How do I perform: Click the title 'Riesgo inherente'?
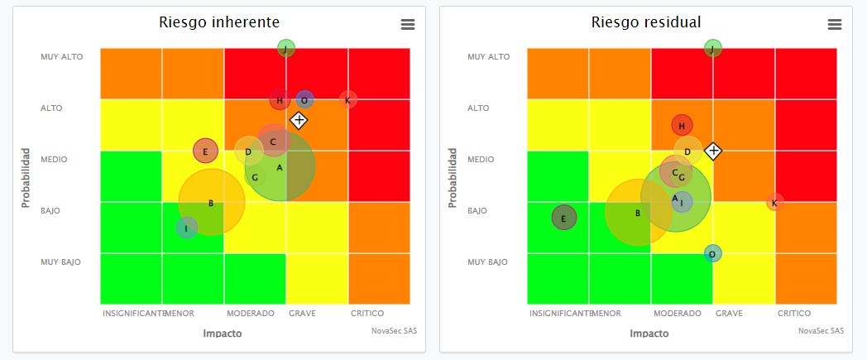click(x=218, y=22)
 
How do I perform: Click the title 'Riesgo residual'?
click(x=645, y=22)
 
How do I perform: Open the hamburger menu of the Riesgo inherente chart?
click(x=407, y=25)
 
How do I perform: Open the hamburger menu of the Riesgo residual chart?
click(x=834, y=25)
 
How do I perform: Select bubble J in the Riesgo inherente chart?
click(x=285, y=49)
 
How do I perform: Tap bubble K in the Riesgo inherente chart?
click(x=348, y=100)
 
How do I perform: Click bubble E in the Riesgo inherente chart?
click(x=205, y=151)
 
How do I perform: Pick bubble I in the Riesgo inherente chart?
click(x=187, y=228)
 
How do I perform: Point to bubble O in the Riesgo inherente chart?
click(x=304, y=100)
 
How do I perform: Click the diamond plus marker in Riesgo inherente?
click(x=299, y=120)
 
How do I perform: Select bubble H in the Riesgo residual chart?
click(x=682, y=126)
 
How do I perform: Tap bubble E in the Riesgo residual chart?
click(x=563, y=218)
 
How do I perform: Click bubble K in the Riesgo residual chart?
click(x=774, y=202)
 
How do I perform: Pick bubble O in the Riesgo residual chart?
click(x=712, y=253)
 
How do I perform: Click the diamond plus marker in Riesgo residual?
click(x=713, y=151)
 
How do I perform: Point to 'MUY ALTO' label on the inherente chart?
click(x=61, y=57)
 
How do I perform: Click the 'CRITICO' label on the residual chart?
click(x=793, y=314)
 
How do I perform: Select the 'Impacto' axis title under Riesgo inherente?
click(x=222, y=334)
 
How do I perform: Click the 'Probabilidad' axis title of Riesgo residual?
click(x=453, y=178)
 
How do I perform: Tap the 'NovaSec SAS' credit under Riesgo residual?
click(x=821, y=330)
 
